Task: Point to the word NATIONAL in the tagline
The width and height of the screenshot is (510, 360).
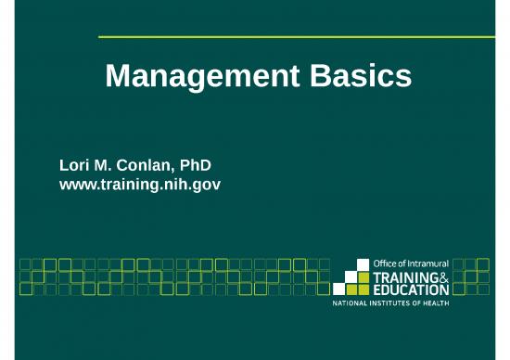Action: (352, 304)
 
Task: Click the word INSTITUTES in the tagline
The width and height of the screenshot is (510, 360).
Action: (396, 304)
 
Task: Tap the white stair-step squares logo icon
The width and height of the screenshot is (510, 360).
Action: (352, 276)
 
